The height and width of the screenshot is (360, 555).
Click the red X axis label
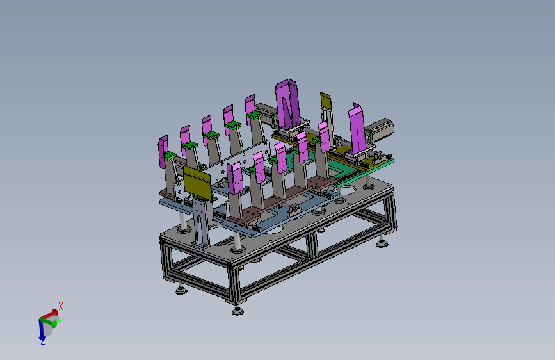61,306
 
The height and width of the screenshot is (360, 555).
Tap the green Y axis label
59,323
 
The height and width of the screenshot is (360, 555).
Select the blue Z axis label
42,342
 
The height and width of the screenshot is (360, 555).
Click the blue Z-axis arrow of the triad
42,329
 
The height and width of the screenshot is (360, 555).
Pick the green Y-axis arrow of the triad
49,322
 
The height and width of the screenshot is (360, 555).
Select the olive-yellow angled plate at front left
198,183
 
